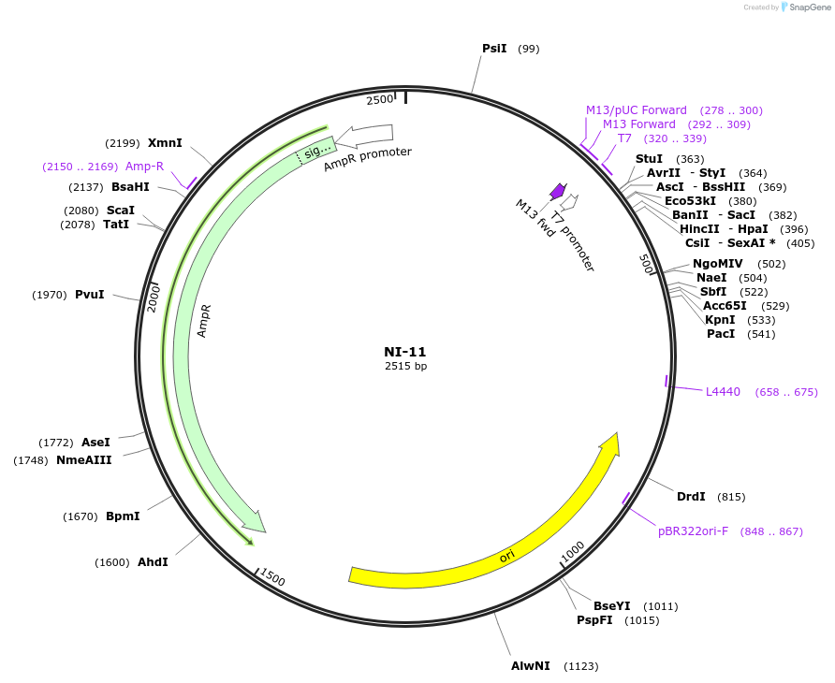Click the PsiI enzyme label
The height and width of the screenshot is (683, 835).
point(494,48)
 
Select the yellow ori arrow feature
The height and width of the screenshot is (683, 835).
point(505,555)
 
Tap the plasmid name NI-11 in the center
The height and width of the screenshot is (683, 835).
point(404,352)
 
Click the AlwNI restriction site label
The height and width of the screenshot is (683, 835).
point(530,666)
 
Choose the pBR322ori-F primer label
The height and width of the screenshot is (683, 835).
point(693,531)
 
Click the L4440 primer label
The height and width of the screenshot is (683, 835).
point(723,392)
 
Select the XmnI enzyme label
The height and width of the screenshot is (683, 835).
point(165,143)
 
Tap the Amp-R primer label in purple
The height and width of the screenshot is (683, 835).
point(144,167)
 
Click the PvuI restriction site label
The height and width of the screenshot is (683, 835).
point(90,295)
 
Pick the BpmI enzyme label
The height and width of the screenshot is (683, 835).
point(123,516)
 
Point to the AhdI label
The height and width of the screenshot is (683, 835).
point(153,562)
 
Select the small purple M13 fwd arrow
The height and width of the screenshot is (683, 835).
point(558,191)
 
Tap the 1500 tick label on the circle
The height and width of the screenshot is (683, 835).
point(272,577)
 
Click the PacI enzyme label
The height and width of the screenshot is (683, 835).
point(721,334)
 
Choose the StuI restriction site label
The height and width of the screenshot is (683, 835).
point(649,159)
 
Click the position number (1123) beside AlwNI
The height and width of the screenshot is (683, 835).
point(580,666)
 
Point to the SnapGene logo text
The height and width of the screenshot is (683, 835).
point(811,7)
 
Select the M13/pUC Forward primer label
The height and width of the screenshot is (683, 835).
point(637,110)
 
